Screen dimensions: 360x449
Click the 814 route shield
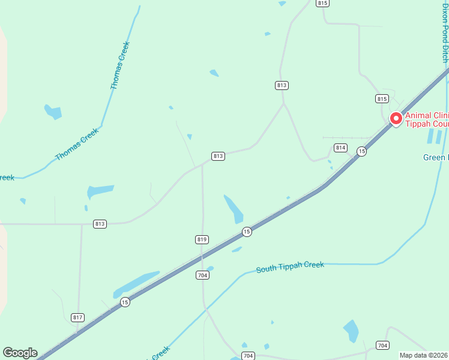click(341, 148)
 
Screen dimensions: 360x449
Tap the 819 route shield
click(202, 239)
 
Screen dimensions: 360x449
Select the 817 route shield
click(77, 317)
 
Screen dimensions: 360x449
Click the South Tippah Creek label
click(290, 267)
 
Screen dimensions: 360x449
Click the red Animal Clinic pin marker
click(396, 119)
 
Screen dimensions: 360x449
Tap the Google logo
click(20, 353)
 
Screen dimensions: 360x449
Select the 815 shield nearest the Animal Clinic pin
click(382, 98)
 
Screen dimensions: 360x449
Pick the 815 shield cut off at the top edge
click(323, 3)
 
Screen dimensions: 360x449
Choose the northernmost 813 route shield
click(282, 85)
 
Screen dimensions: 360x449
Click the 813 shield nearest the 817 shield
click(100, 224)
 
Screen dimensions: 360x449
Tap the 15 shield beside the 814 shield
click(361, 152)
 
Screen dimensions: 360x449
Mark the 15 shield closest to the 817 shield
click(124, 302)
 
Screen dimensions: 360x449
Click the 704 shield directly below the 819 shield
click(202, 275)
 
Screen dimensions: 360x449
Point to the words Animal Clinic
click(427, 116)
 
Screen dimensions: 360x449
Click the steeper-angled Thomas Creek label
click(120, 65)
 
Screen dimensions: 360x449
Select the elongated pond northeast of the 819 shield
click(234, 209)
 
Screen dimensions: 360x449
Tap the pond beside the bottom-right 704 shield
click(351, 331)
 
